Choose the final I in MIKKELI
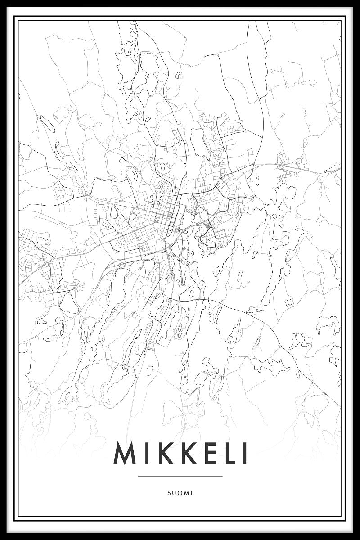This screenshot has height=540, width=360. (245, 453)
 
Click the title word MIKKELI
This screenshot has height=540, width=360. (180, 453)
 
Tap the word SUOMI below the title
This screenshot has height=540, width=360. (180, 493)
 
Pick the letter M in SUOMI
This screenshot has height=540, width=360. (186, 493)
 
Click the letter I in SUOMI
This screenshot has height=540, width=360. (192, 493)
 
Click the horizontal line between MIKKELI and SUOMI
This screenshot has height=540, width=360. (180, 476)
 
